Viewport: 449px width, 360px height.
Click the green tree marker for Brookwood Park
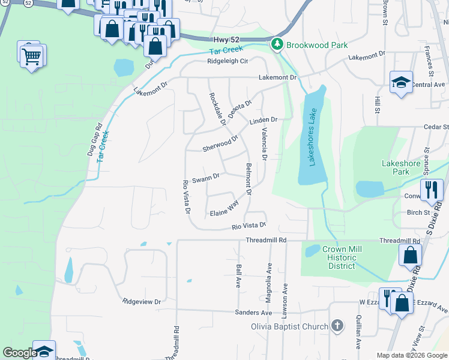click(277, 44)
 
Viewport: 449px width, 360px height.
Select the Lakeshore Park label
click(404, 167)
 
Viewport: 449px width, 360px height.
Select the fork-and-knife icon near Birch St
click(432, 189)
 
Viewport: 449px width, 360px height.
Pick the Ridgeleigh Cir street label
click(228, 61)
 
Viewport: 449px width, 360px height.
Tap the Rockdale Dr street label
click(216, 109)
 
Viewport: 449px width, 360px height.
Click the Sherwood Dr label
click(220, 143)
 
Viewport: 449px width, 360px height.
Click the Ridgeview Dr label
click(142, 302)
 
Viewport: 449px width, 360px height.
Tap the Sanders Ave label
click(254, 313)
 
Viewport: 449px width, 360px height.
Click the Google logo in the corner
click(19, 353)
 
